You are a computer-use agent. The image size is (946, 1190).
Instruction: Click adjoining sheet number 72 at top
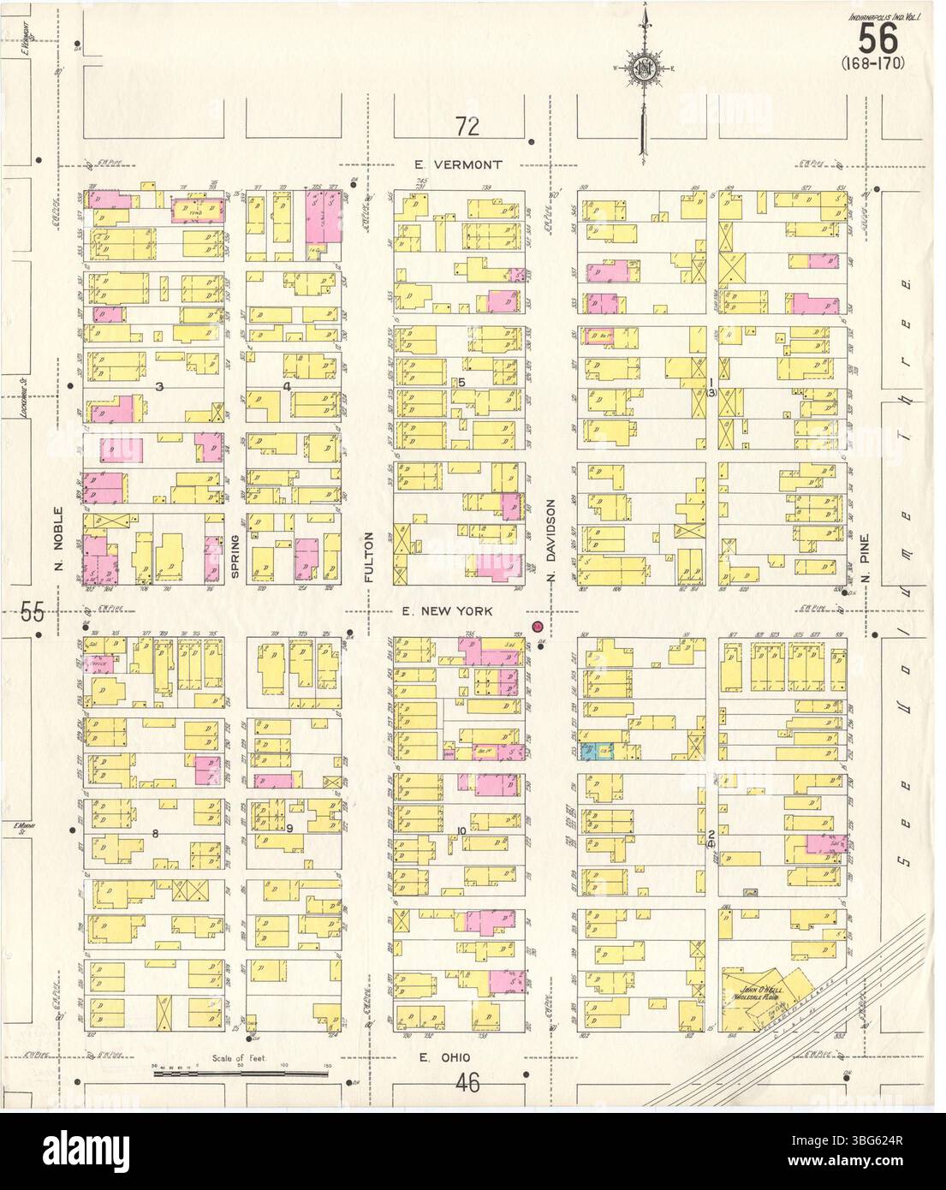pos(467,128)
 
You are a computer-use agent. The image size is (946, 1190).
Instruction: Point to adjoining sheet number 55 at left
pos(33,612)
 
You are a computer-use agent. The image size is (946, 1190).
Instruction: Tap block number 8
pos(155,833)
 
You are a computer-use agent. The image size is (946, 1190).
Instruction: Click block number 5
pos(461,382)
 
